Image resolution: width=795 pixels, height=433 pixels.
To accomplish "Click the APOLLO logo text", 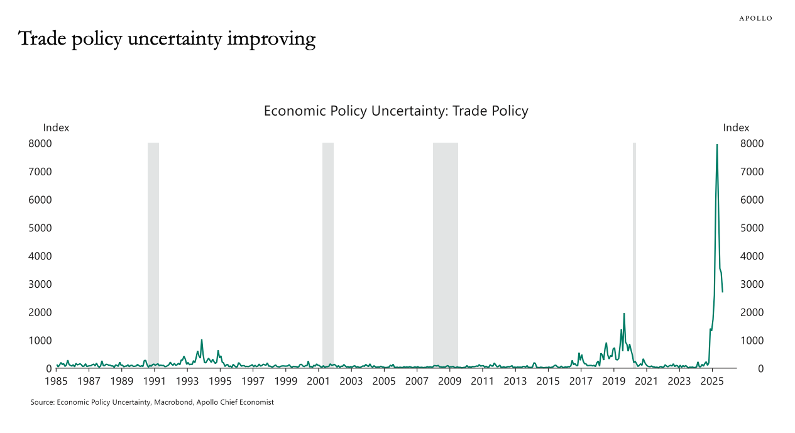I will [x=755, y=18].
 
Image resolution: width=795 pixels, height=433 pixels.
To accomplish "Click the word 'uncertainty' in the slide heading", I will [x=177, y=39].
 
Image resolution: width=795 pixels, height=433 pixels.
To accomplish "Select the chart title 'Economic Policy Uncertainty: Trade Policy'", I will [x=396, y=111].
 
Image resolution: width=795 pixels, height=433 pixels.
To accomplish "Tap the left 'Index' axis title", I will [x=56, y=128].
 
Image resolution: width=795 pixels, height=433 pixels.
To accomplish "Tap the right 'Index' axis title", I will [x=736, y=128].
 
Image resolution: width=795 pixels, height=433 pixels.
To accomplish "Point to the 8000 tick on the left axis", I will [x=40, y=144].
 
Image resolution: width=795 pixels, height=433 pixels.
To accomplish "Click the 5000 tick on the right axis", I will [x=752, y=228].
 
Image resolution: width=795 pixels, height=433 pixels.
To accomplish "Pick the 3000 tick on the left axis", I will [x=40, y=284].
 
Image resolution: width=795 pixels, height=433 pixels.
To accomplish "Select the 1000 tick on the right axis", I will [x=752, y=341].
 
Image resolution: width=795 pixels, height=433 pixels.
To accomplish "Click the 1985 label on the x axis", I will [x=57, y=381].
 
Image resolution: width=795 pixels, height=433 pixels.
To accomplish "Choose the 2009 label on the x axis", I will [x=449, y=381].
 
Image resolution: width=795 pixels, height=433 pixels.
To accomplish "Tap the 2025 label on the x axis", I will [x=711, y=381].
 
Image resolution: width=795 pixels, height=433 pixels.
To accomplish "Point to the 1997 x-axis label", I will [x=253, y=381].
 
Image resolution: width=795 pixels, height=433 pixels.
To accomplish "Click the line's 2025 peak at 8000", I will [x=717, y=145].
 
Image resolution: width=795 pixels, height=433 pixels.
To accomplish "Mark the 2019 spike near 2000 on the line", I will [x=624, y=314].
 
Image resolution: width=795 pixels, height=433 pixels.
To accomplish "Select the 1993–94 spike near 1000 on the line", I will [x=202, y=340].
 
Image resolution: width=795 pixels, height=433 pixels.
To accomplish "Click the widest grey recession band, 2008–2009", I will [x=445, y=251].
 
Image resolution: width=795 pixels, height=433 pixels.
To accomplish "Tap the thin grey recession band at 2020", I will [x=634, y=251].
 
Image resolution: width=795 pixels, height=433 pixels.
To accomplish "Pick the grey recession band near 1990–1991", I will [x=153, y=251].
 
